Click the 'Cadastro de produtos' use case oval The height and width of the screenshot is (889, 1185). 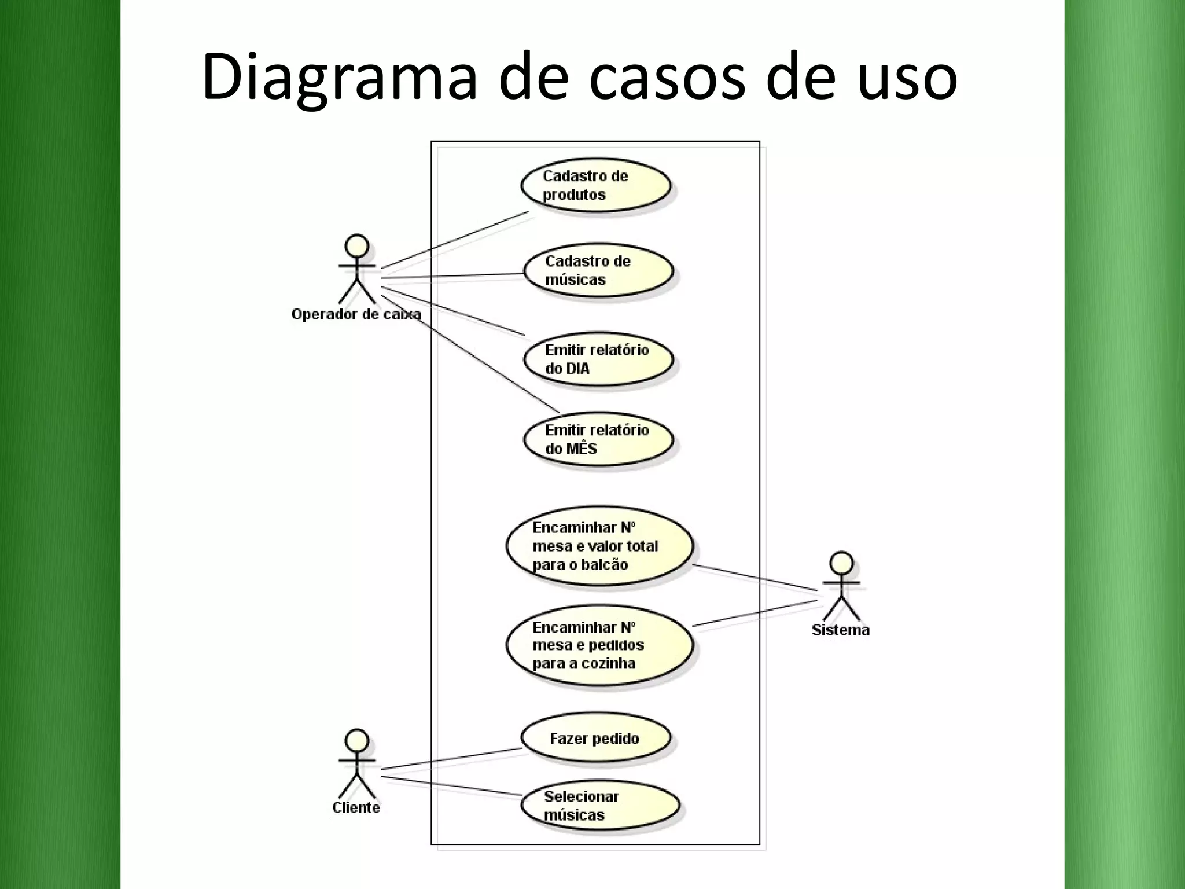(x=595, y=185)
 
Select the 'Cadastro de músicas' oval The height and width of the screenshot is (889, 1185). (x=598, y=270)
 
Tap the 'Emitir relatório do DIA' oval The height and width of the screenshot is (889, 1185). (x=598, y=359)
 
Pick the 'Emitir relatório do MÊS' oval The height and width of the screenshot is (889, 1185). (x=598, y=439)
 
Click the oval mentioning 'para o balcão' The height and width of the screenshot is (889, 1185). (x=599, y=546)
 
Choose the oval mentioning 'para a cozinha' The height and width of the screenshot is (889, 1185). (x=599, y=645)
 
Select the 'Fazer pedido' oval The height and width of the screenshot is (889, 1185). (x=595, y=738)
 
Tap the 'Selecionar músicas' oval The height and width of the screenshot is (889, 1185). (x=599, y=805)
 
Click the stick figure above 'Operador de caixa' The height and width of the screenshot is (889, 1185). (x=357, y=269)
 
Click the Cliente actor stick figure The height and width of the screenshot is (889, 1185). (x=357, y=764)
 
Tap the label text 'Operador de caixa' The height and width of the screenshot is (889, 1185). (x=356, y=314)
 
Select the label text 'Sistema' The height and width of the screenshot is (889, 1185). (x=840, y=630)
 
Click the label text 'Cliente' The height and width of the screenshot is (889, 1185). (x=356, y=807)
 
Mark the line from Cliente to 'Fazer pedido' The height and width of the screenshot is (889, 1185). (x=451, y=759)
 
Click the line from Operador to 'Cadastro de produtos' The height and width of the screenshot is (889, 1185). (x=454, y=240)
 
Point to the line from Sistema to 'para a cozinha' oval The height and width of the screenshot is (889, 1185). (x=754, y=613)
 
